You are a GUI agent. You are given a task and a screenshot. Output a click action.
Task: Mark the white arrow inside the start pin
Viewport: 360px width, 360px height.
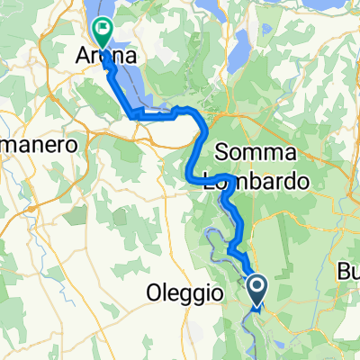point(257,287)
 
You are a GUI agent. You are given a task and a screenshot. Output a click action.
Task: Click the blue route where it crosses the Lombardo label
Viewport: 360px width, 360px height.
point(229,180)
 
